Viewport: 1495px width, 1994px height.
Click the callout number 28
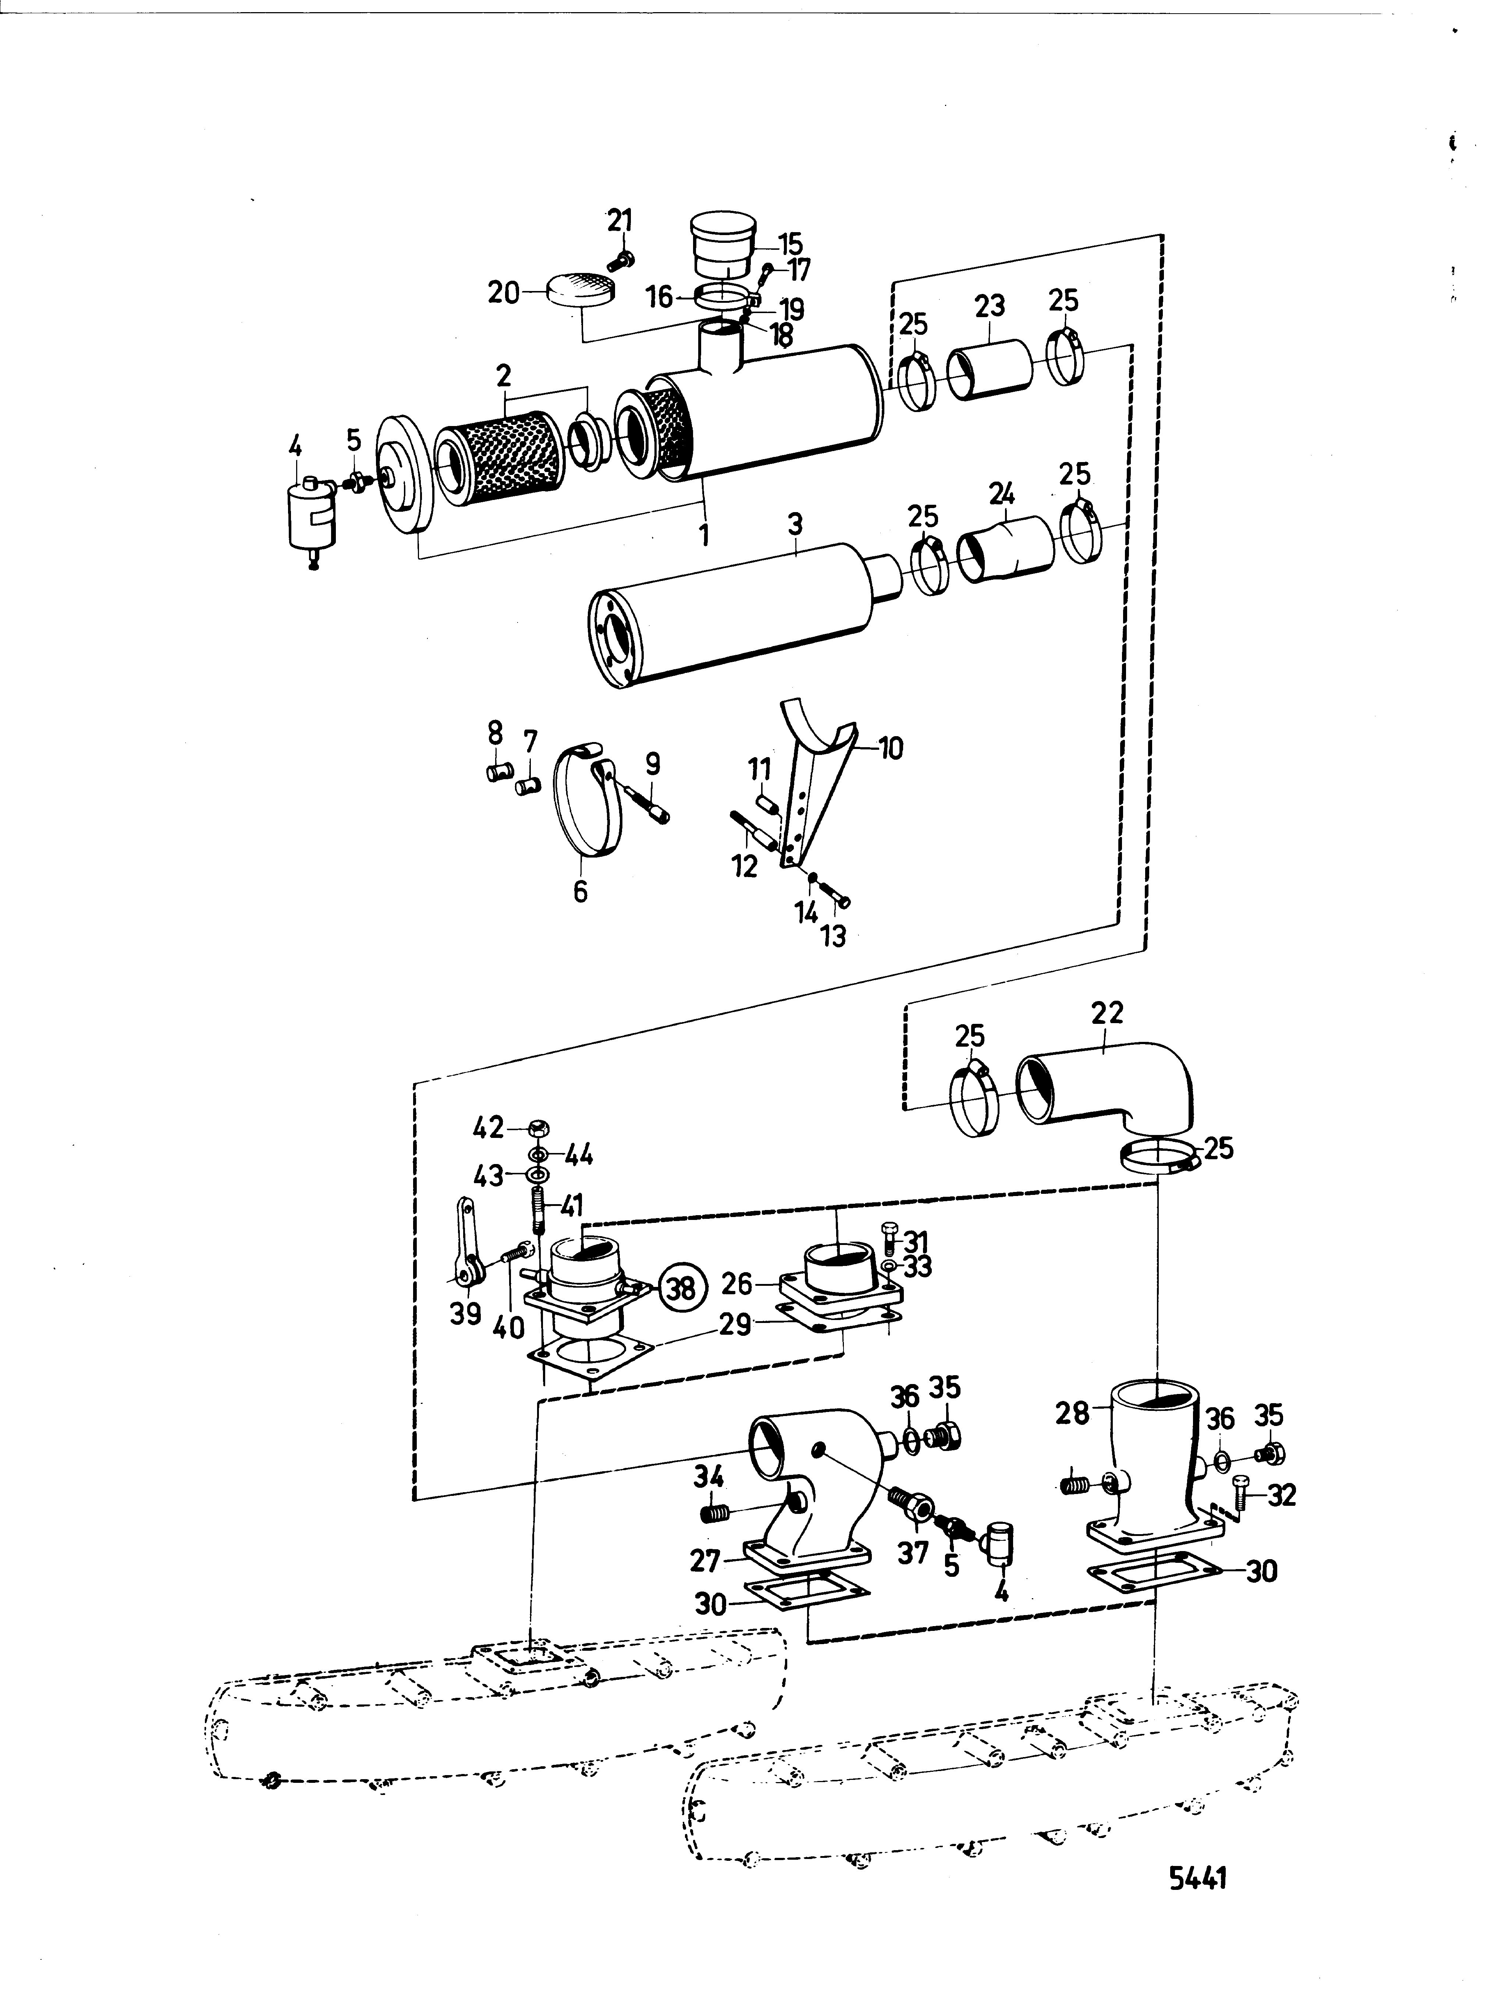[1072, 1413]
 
